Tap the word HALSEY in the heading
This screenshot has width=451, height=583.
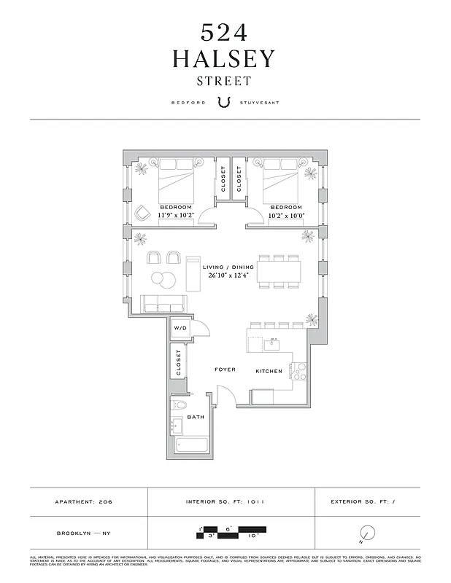pos(225,59)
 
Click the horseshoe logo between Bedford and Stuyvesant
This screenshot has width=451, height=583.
pos(225,103)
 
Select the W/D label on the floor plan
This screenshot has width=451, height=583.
pos(180,329)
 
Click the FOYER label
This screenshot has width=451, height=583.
pos(225,369)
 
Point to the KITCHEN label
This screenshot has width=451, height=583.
pos(269,372)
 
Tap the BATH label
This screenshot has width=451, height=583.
pos(195,417)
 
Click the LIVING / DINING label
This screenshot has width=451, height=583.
pos(227,267)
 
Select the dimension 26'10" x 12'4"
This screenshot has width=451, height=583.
pos(227,275)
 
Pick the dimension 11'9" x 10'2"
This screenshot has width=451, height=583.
pos(176,215)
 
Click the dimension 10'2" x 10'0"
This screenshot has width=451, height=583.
pos(277,215)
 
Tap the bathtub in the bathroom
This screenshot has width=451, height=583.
pos(191,444)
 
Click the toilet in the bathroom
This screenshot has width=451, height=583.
pos(180,405)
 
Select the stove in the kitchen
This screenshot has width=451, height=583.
pos(298,372)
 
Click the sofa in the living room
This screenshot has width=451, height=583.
pos(161,305)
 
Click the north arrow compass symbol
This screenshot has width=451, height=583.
pos(367,534)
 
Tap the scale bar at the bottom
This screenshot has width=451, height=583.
pos(231,531)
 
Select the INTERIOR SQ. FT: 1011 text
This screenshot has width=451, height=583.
pos(231,501)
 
